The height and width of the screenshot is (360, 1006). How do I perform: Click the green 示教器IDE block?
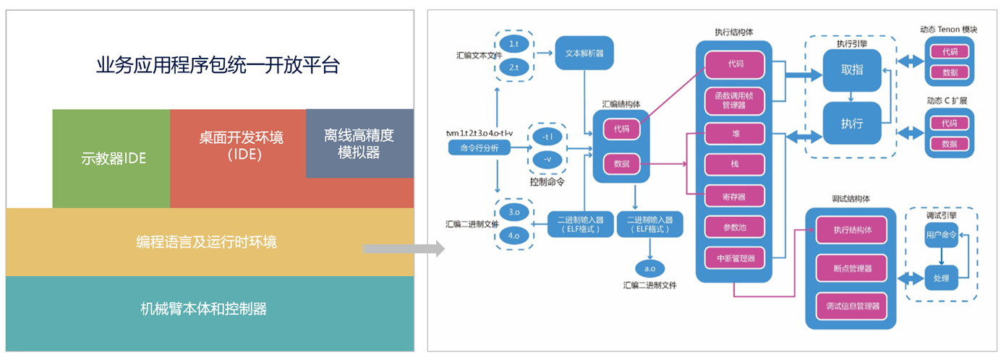click(x=111, y=158)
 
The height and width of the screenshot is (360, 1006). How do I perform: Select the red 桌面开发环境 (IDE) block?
click(x=239, y=145)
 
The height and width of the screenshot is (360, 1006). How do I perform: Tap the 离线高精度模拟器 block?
click(x=359, y=143)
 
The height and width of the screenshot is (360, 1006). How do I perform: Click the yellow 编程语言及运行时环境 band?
click(x=207, y=241)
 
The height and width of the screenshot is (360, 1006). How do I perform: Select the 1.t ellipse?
click(x=514, y=45)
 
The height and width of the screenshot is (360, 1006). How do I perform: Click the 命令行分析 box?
click(x=479, y=147)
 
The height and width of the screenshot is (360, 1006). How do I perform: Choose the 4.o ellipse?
click(x=514, y=235)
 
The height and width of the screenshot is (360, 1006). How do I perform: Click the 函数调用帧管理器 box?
click(x=735, y=100)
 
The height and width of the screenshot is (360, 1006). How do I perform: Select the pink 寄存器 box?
click(x=735, y=195)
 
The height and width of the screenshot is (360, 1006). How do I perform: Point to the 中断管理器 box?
click(x=735, y=257)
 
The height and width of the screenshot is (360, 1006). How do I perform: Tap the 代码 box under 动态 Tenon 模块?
click(x=950, y=52)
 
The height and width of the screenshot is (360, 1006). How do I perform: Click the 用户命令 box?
click(x=941, y=235)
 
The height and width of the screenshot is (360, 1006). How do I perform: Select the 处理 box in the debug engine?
click(x=941, y=278)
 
